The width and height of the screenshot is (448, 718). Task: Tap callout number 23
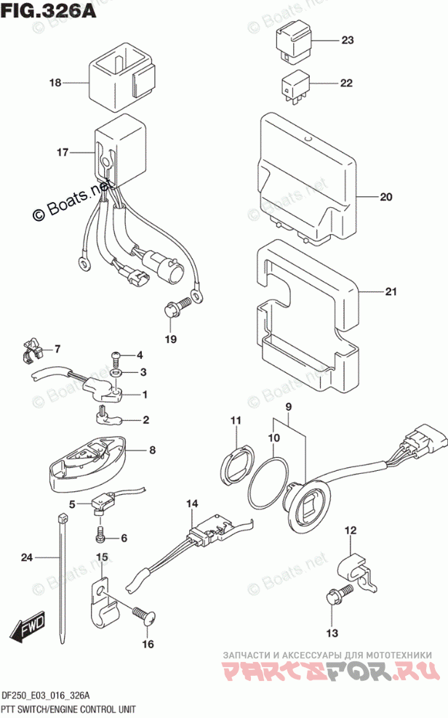346,40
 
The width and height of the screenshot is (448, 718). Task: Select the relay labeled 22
295,84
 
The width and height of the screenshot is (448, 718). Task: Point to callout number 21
391,293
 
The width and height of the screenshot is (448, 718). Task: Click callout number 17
63,153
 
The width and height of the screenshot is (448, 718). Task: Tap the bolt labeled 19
174,311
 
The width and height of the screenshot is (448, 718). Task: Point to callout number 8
152,450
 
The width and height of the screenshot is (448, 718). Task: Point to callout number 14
191,504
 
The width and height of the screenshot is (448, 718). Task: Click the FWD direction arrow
28,627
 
